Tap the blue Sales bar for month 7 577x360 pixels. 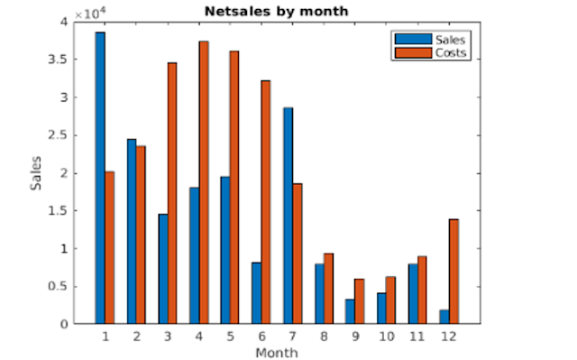(288, 216)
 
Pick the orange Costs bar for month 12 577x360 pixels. (453, 271)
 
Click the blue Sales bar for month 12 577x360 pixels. (444, 317)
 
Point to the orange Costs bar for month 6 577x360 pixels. (266, 202)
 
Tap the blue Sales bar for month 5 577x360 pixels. (225, 250)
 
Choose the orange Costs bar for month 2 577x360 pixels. (141, 235)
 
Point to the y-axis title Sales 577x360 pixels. (36, 172)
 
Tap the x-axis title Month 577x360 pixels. (276, 353)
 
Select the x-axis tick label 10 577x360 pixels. (387, 337)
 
